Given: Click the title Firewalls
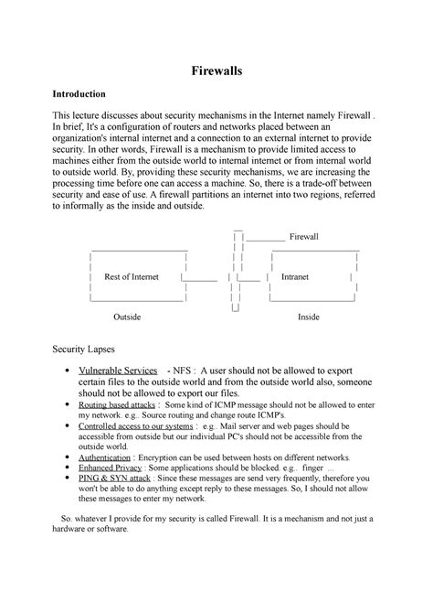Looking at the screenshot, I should tap(216, 70).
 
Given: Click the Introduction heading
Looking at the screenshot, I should tap(79, 94).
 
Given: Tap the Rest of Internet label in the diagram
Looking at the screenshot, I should tap(132, 276).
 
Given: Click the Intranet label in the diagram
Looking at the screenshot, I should tap(294, 276).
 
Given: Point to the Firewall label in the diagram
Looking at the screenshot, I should tap(303, 237).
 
